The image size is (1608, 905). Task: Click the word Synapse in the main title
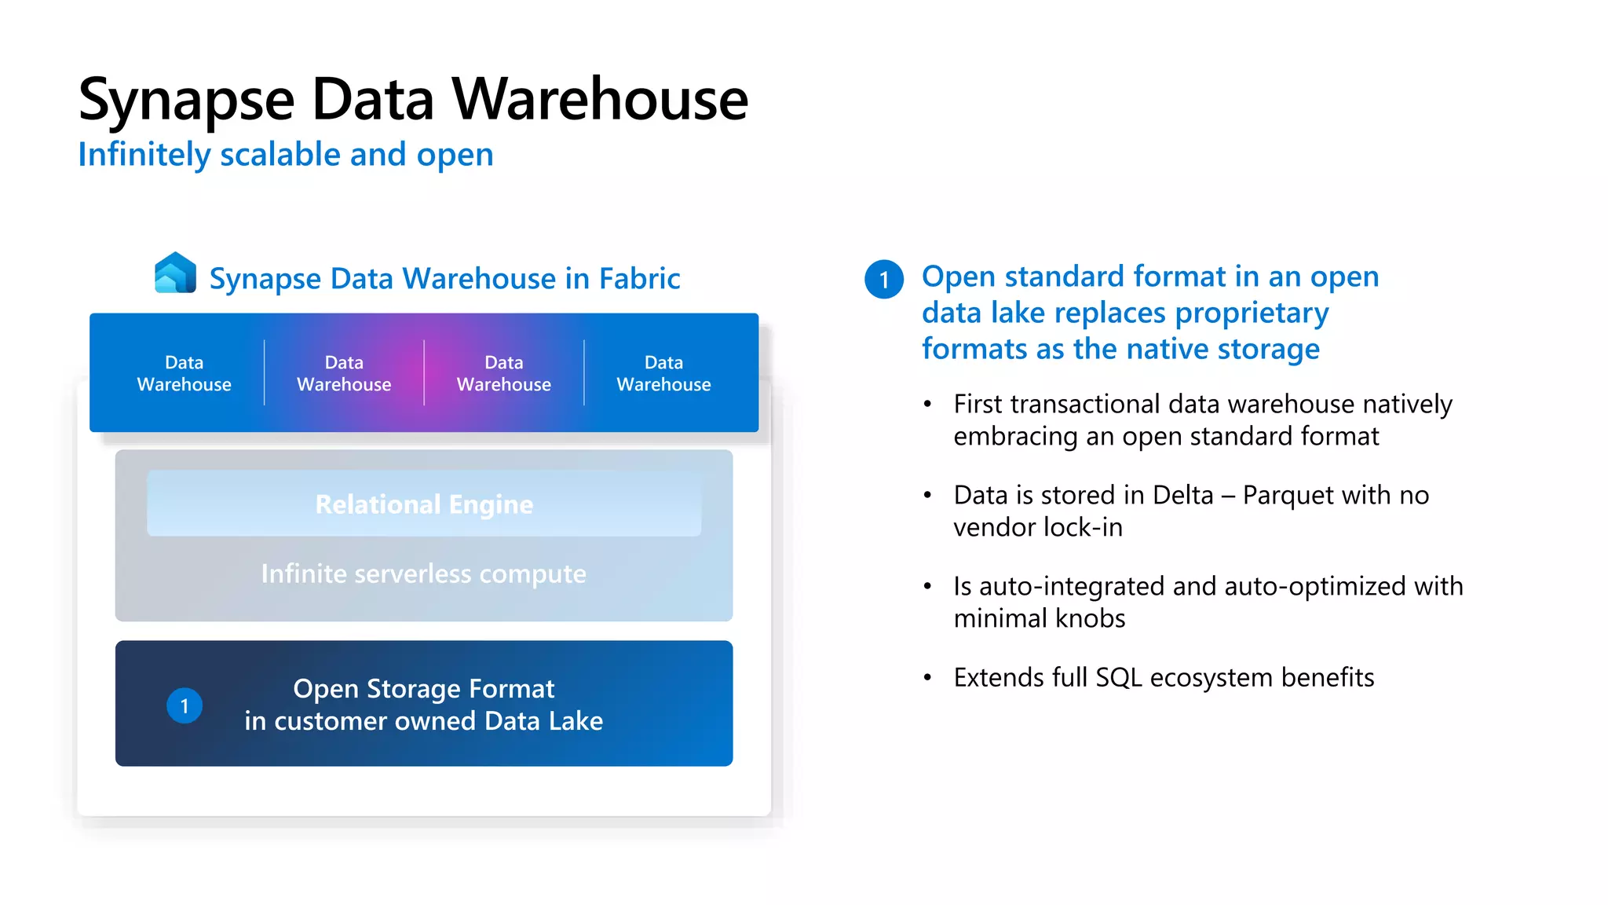click(186, 101)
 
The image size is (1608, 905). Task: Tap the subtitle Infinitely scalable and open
click(286, 155)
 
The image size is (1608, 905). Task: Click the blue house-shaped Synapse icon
click(175, 273)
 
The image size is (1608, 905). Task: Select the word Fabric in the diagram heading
click(639, 279)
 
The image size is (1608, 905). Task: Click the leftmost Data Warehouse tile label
click(184, 373)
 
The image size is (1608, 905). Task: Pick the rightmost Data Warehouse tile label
click(663, 373)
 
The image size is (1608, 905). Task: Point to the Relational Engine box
click(424, 504)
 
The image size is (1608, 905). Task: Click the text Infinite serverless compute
click(424, 573)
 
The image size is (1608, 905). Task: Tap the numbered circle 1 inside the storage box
click(185, 705)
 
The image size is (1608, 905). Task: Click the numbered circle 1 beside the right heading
click(884, 280)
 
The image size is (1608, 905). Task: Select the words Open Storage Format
click(424, 688)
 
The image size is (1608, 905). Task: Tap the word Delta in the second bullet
click(1182, 495)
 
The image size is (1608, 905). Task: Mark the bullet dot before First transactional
click(927, 405)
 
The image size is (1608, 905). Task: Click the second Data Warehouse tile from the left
click(344, 373)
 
